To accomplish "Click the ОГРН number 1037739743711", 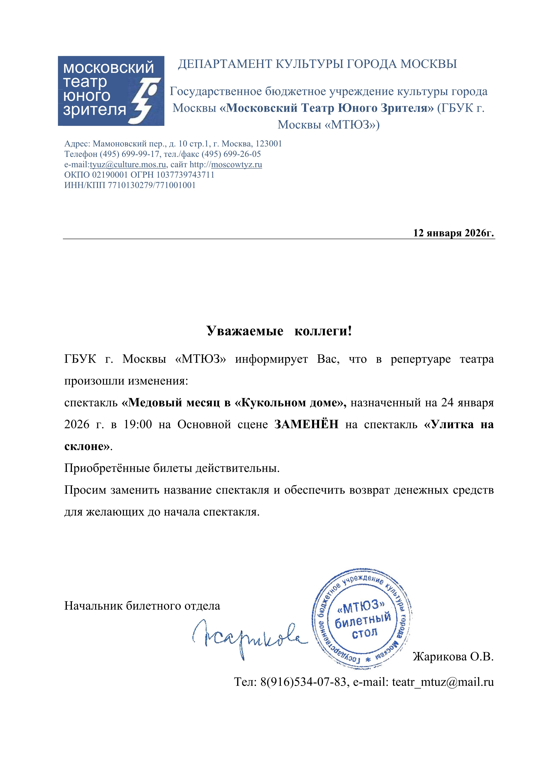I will pyautogui.click(x=185, y=175).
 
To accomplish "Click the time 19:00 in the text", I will pyautogui.click(x=138, y=424).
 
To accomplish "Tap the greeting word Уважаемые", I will pyautogui.click(x=245, y=331).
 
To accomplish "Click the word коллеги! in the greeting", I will pyautogui.click(x=323, y=331).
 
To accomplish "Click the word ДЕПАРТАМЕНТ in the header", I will pyautogui.click(x=225, y=64).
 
